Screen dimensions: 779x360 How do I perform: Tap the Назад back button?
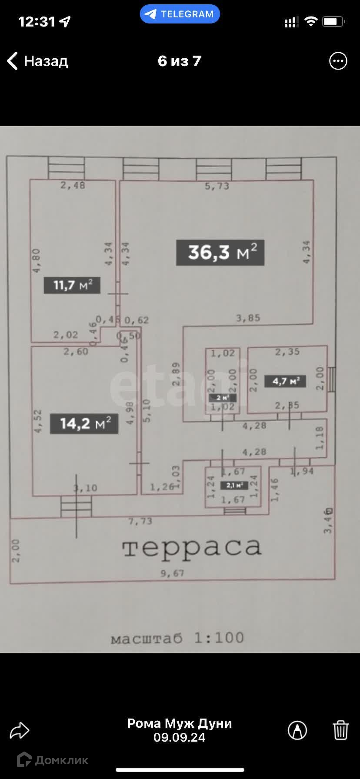(x=37, y=61)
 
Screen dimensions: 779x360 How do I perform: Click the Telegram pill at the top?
(x=180, y=14)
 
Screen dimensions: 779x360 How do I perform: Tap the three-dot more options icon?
(x=338, y=61)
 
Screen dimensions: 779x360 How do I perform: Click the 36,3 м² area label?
(x=220, y=253)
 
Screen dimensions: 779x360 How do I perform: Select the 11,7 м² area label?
(x=72, y=285)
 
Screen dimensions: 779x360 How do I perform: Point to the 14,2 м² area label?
(x=84, y=423)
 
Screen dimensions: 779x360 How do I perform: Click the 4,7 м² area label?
(x=285, y=381)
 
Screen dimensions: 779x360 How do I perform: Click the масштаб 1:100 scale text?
(x=177, y=638)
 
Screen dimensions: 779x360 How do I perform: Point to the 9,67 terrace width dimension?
(x=172, y=573)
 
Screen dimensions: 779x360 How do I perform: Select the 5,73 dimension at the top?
(x=217, y=186)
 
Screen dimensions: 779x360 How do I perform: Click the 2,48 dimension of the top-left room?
(x=73, y=185)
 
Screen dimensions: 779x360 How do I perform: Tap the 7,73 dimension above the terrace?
(x=140, y=521)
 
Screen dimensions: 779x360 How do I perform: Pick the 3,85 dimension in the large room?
(x=248, y=318)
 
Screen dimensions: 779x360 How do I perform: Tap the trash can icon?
(x=340, y=730)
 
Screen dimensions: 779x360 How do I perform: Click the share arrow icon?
(x=20, y=730)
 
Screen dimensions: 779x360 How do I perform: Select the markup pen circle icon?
(x=297, y=730)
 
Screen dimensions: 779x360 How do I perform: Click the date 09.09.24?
(x=180, y=737)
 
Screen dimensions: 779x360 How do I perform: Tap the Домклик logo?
(x=52, y=760)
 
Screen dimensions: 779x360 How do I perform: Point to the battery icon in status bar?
(x=333, y=22)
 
